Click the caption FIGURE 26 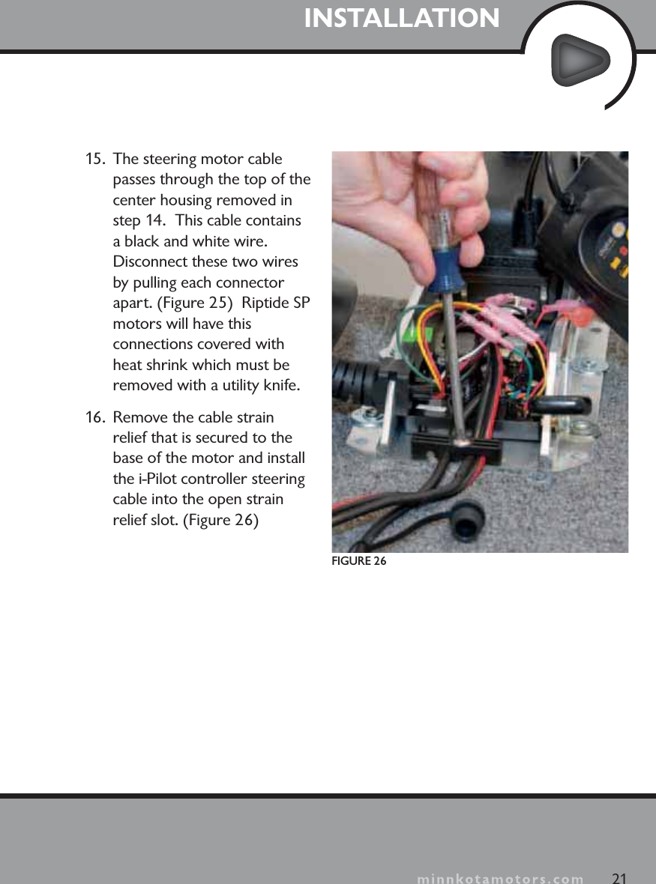pyautogui.click(x=359, y=562)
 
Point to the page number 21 pyautogui.click(x=619, y=877)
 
